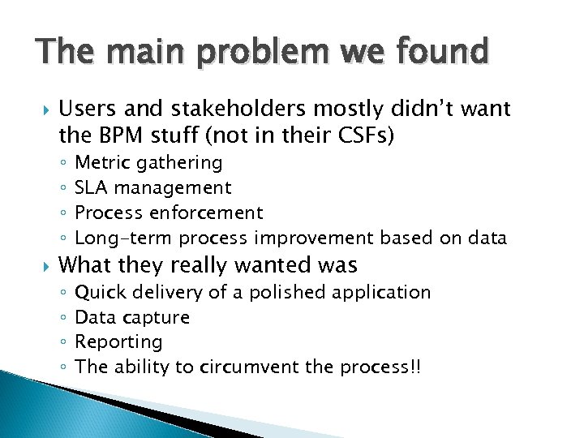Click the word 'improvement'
tap(314, 238)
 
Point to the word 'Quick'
tap(100, 292)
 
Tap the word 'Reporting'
tap(118, 341)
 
